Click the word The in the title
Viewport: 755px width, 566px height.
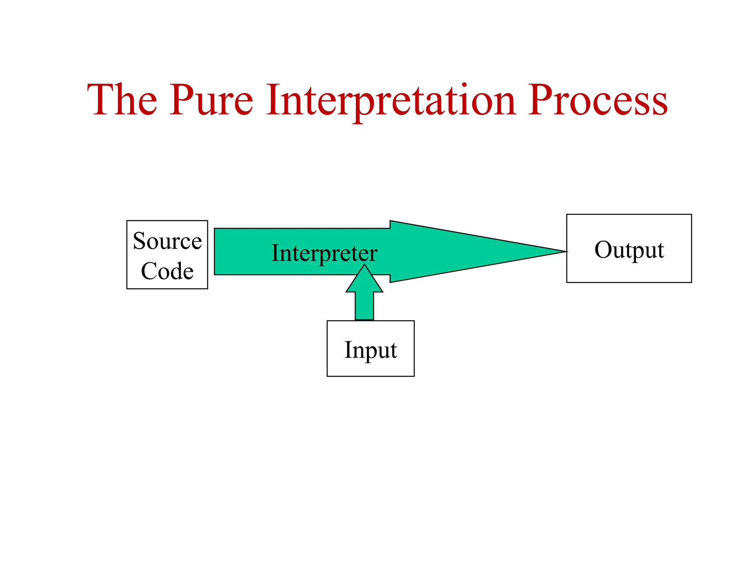click(122, 99)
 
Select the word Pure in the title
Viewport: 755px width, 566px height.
click(211, 99)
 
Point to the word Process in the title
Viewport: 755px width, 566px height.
click(598, 99)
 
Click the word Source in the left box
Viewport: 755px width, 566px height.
click(167, 241)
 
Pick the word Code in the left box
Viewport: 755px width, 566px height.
click(167, 271)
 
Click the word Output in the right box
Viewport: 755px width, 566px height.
click(629, 250)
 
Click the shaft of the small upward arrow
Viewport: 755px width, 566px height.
click(364, 306)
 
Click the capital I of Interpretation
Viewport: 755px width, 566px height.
click(274, 99)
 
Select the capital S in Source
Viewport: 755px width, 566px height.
click(140, 241)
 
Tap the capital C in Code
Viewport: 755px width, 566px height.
click(149, 271)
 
